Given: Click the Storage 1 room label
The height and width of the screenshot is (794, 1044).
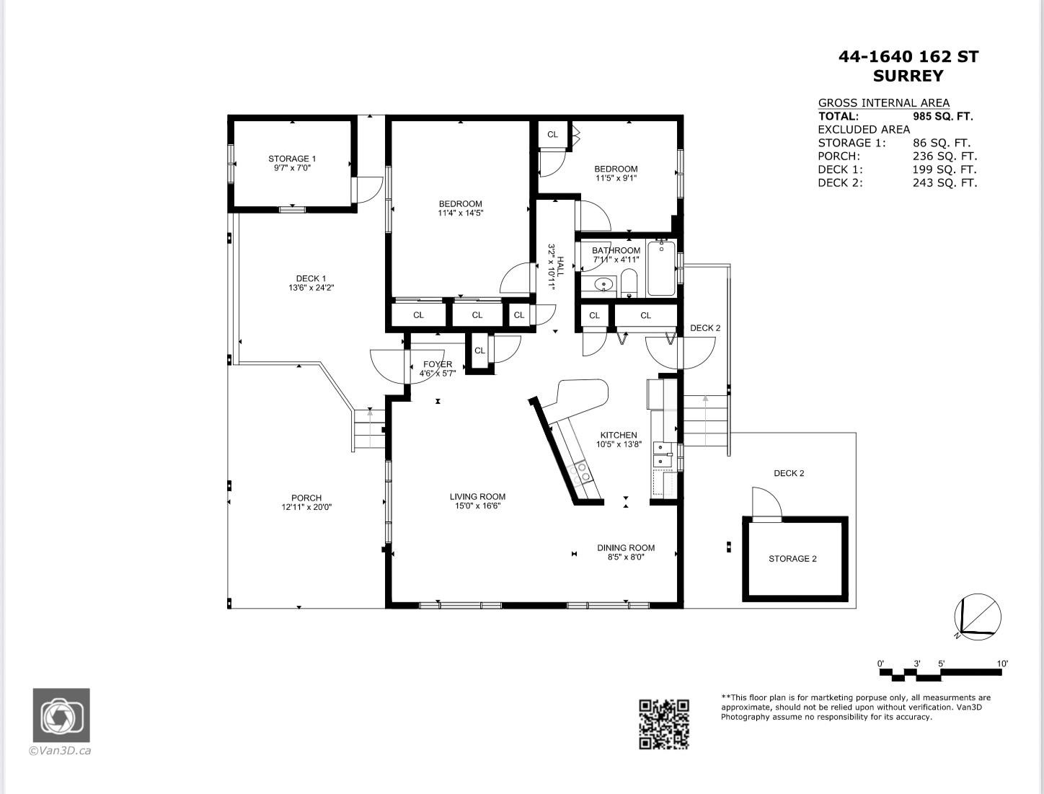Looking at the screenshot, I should (x=292, y=159).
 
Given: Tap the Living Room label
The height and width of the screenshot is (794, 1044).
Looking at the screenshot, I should (x=477, y=496).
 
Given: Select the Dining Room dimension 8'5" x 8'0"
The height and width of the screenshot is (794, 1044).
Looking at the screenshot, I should (x=625, y=557).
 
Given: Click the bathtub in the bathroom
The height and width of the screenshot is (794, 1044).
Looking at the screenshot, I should (x=661, y=269).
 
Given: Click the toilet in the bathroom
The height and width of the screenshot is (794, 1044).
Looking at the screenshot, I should (x=629, y=283).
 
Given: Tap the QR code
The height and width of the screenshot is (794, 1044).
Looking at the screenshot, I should (x=664, y=724).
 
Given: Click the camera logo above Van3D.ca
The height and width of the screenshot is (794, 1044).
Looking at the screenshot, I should (x=61, y=715).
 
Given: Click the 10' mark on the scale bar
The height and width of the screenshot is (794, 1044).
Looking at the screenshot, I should (x=1001, y=663).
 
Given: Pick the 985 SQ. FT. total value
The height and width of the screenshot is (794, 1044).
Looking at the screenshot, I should (x=942, y=116).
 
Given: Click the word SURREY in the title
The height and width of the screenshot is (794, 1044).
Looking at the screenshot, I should (x=908, y=76).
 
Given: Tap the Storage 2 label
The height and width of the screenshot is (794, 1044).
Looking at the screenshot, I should (x=792, y=559).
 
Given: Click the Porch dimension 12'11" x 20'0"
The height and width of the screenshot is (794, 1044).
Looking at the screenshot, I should (x=306, y=507).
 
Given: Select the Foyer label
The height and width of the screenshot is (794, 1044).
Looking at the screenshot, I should (x=438, y=364).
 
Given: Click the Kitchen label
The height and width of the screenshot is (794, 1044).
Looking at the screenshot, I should (x=619, y=435).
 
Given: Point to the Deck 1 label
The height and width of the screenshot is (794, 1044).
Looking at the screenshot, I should (x=311, y=278).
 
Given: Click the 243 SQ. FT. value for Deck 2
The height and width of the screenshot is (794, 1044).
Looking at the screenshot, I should (x=945, y=183).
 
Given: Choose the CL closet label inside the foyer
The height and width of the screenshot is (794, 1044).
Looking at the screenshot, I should (x=479, y=351).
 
